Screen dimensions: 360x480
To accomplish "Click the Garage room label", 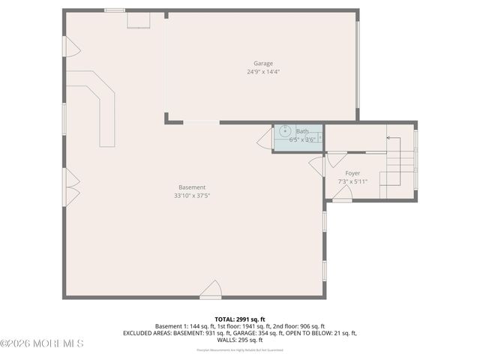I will pos(262,64).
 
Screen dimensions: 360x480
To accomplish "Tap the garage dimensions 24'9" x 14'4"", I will pos(262,72).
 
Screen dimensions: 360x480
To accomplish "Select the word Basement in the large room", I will pos(192,187).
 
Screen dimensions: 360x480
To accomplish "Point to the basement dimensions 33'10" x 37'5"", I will pos(192,196).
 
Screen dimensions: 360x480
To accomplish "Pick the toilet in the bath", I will pos(319,137).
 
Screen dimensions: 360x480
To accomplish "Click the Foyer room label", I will pos(352,173).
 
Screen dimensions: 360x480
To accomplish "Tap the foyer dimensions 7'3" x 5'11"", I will pos(352,181).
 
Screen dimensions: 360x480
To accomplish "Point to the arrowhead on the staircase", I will pos(388,138).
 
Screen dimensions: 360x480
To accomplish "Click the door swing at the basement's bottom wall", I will pos(211,289).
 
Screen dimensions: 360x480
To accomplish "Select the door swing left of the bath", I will pos(265,139).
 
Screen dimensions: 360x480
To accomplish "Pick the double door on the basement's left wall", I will pos(72,187).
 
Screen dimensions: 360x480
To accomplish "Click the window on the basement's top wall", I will pos(115,10).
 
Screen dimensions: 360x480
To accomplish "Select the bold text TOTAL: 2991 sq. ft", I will pos(240,319).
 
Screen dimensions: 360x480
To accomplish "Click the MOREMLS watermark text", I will pos(42,343).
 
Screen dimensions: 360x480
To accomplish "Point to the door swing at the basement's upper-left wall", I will pos(73,48).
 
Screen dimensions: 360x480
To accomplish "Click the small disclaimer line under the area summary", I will pos(240,350).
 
